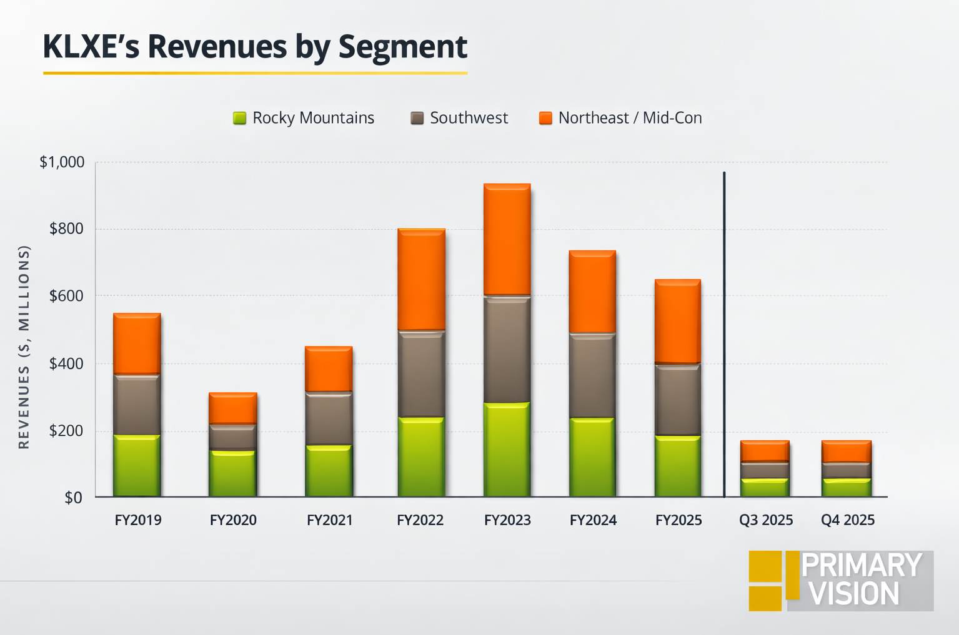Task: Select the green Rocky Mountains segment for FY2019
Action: tap(137, 466)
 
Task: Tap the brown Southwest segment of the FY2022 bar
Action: tap(421, 373)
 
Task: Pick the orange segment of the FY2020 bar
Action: tap(232, 408)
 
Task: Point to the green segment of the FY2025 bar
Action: tap(678, 466)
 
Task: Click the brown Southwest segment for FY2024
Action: tap(592, 375)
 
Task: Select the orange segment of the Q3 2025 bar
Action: tap(765, 451)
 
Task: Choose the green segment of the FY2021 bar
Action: tap(329, 471)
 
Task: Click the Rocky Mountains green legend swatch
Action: tap(239, 118)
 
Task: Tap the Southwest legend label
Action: tap(469, 118)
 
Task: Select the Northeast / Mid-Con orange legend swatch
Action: tap(545, 118)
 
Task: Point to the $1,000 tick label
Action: tap(62, 162)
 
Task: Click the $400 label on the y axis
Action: tap(66, 363)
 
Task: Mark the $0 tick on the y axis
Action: tap(74, 498)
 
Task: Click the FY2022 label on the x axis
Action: tap(420, 520)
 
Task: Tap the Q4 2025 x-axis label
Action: tap(848, 520)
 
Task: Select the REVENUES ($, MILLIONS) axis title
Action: tap(24, 347)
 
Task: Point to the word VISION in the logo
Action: tap(853, 594)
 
